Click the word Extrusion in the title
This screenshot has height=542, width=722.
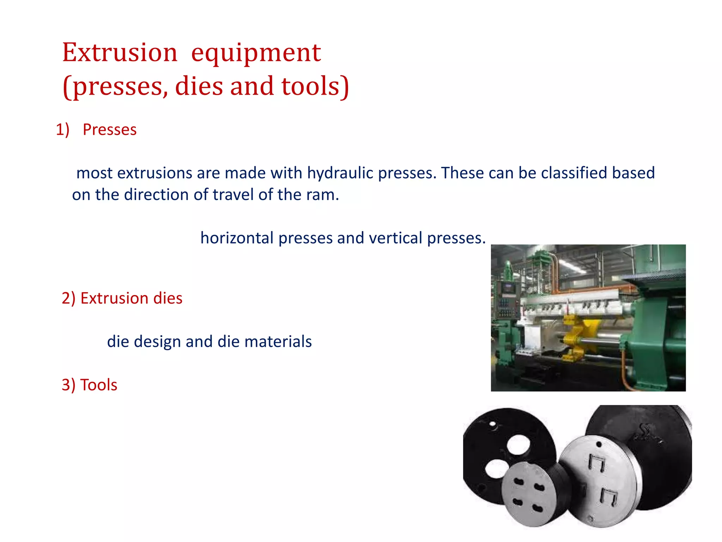coord(120,53)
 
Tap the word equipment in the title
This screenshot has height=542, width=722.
coord(256,53)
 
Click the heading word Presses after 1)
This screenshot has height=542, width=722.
coord(110,130)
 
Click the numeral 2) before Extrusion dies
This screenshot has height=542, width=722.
coord(69,299)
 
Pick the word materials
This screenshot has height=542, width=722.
coord(278,342)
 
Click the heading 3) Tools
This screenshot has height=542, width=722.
coord(90,385)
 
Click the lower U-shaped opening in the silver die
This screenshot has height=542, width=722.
coord(609,496)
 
